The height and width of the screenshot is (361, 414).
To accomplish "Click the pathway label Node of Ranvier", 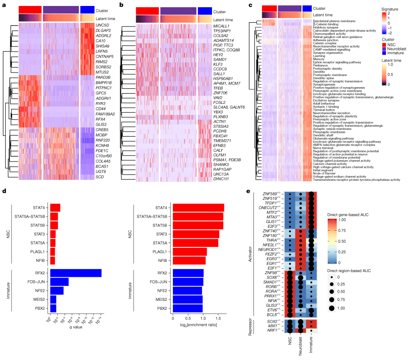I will pyautogui.click(x=326, y=172).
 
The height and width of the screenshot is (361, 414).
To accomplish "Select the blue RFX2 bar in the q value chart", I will pyautogui.click(x=76, y=273).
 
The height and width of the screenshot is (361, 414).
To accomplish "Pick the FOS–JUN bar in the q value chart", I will pyautogui.click(x=60, y=282).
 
